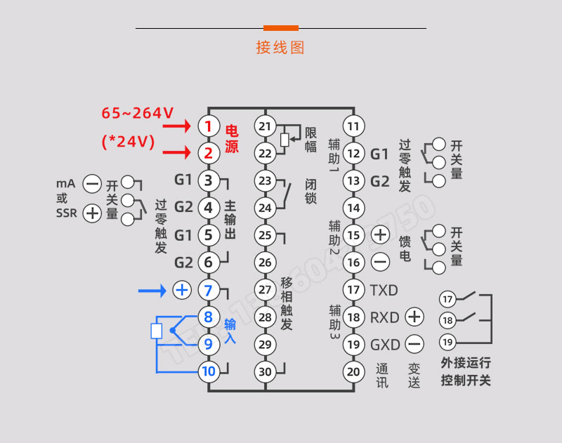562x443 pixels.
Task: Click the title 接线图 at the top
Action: coord(280,48)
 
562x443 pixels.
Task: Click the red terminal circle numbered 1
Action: coord(208,126)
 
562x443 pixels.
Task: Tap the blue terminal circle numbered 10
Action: coord(208,371)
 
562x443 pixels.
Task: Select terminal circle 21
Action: coord(265,126)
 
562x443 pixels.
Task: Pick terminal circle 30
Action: coord(265,371)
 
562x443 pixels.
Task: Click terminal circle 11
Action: coord(354,126)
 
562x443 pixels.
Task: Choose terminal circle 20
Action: coord(354,371)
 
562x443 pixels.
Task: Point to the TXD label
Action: coord(384,290)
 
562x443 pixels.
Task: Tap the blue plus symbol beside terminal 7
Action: coord(182,290)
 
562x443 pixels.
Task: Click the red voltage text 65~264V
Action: coord(138,113)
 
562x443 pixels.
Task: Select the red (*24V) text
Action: coord(128,141)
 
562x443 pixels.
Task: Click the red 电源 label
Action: coord(232,139)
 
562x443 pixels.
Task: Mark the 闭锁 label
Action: coord(311,191)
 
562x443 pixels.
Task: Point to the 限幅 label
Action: coord(311,139)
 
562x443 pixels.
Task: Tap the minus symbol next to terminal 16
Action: coord(380,263)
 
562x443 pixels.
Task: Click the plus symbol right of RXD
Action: coord(414,317)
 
